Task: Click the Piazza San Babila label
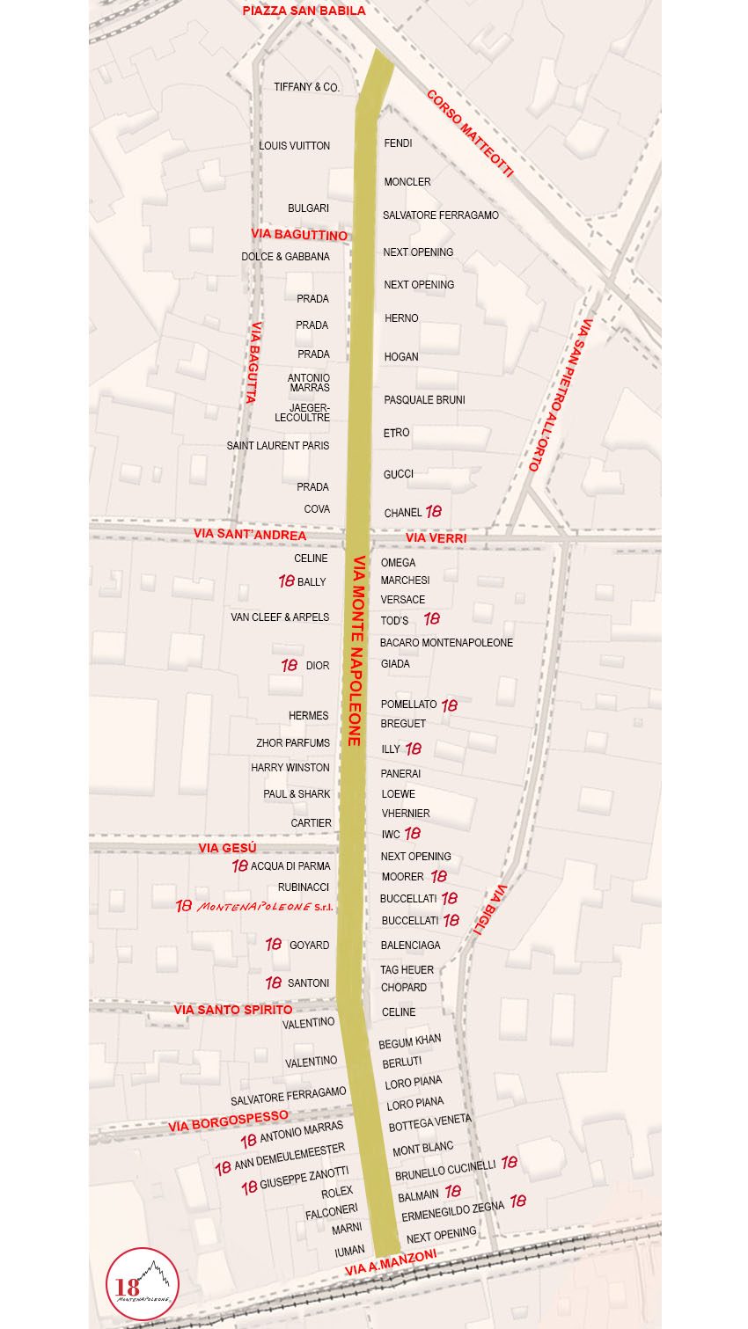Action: point(304,11)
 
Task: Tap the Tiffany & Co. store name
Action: point(306,87)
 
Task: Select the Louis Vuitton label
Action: point(294,146)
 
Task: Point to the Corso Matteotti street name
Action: point(469,133)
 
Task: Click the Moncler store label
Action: point(407,182)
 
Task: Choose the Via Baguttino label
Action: point(299,235)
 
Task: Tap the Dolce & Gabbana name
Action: point(285,257)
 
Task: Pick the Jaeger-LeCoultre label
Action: point(303,413)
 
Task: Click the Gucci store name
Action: point(398,474)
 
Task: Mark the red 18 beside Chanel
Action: point(434,511)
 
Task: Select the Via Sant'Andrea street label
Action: point(250,534)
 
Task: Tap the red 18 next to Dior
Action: point(289,666)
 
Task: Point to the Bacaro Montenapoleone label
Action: point(446,643)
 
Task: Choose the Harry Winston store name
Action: point(290,768)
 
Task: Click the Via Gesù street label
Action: point(227,848)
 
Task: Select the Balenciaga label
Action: point(410,946)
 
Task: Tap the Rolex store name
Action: point(336,1193)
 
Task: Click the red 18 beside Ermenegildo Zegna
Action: point(518,1201)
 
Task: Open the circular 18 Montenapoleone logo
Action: point(143,1283)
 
